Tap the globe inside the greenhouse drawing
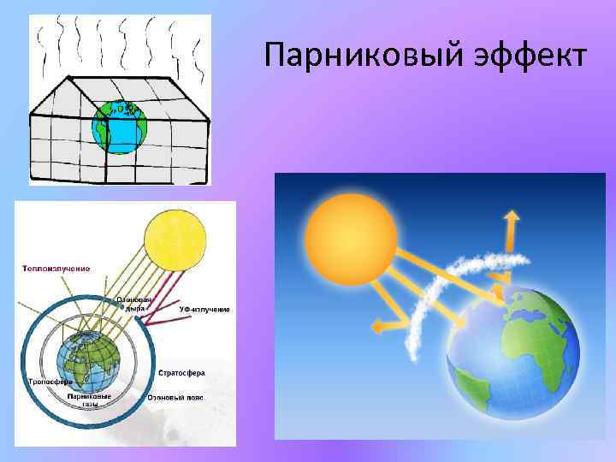pyautogui.click(x=120, y=127)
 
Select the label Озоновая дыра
pyautogui.click(x=134, y=305)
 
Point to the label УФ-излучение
pyautogui.click(x=204, y=309)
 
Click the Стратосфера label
pyautogui.click(x=181, y=374)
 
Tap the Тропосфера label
pyautogui.click(x=50, y=382)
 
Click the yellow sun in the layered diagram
pyautogui.click(x=175, y=239)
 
